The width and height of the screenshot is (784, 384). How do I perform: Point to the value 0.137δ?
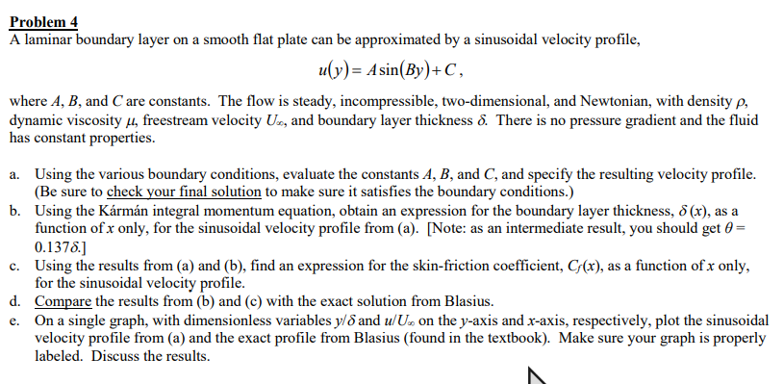point(60,246)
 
